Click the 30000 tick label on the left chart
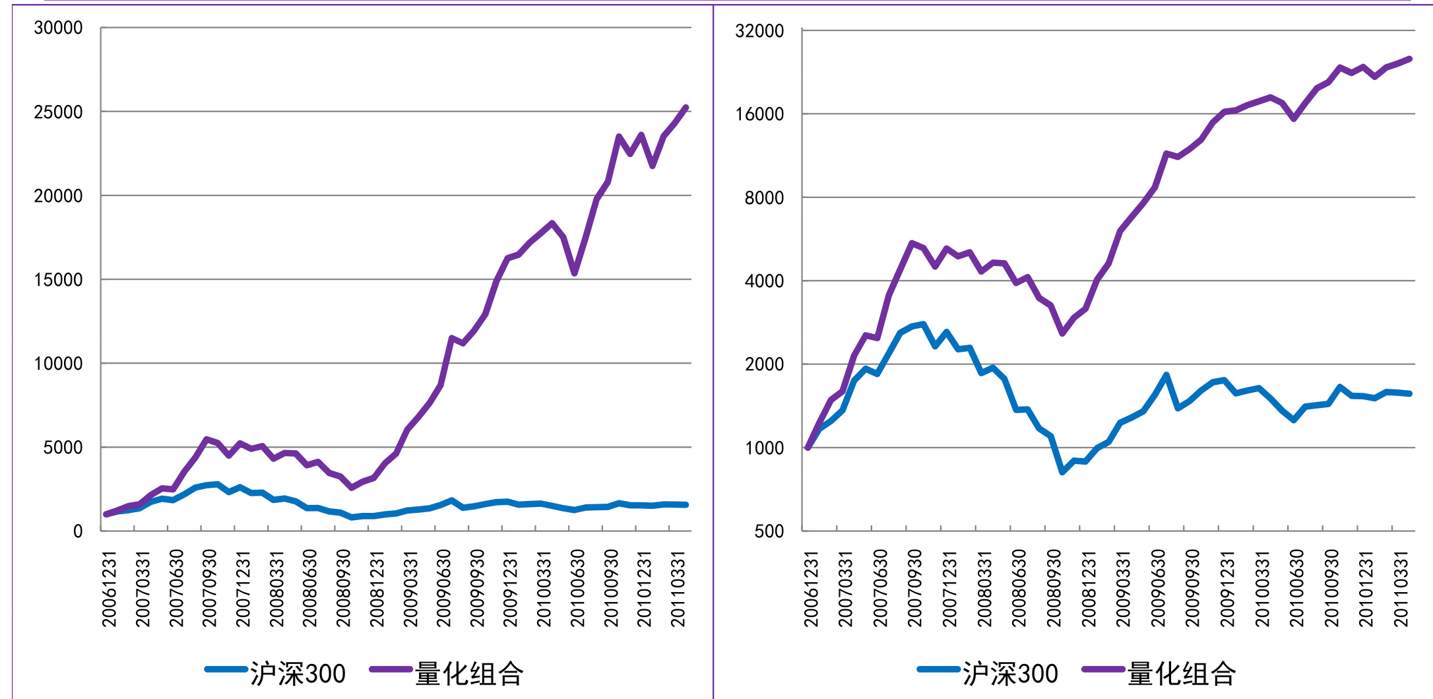click(x=58, y=28)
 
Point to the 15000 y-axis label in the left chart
click(x=58, y=280)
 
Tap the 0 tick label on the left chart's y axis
click(x=78, y=531)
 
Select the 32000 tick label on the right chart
click(x=759, y=31)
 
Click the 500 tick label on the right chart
click(x=769, y=531)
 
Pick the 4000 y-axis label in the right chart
click(x=764, y=281)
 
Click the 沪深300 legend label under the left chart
click(x=298, y=674)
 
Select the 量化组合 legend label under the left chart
click(x=469, y=674)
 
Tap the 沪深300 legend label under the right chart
click(x=1010, y=674)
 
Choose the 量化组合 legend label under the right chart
click(x=1182, y=674)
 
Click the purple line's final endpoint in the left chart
click(x=686, y=108)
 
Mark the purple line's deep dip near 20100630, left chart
click(x=575, y=273)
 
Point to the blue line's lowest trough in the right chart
click(x=1062, y=472)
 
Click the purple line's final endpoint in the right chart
click(x=1410, y=59)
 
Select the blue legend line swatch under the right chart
click(x=938, y=669)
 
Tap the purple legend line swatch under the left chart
click(x=391, y=669)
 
